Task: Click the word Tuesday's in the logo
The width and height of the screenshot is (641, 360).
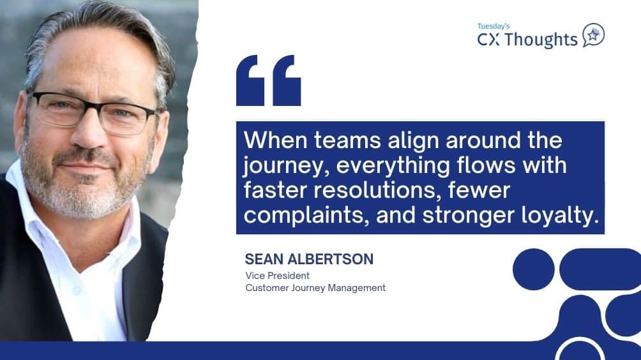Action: click(494, 26)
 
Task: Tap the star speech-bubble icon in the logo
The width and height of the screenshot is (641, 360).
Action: click(593, 36)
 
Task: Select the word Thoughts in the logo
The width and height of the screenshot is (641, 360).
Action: click(544, 40)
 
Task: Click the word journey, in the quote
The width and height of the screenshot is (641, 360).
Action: click(286, 166)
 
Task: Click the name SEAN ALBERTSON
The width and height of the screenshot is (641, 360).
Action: click(309, 259)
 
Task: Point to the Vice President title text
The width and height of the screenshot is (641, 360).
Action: click(277, 276)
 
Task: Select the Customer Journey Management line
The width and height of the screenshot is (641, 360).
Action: click(315, 288)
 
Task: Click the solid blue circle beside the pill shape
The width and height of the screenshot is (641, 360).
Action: click(534, 269)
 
